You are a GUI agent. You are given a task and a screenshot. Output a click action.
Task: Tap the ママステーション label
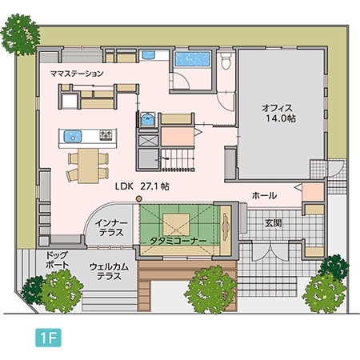(x=77, y=74)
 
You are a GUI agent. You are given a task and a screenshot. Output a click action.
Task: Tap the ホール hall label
(x=264, y=195)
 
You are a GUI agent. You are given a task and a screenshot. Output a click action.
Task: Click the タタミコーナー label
(x=178, y=240)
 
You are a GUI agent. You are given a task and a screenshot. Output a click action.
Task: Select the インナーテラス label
(x=107, y=227)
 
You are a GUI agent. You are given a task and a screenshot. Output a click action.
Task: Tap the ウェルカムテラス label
(x=106, y=270)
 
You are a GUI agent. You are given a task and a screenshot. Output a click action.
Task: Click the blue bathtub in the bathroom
(x=191, y=61)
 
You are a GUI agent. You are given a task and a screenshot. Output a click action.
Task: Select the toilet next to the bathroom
(x=226, y=60)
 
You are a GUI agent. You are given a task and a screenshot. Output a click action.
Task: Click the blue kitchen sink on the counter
(x=71, y=134)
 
